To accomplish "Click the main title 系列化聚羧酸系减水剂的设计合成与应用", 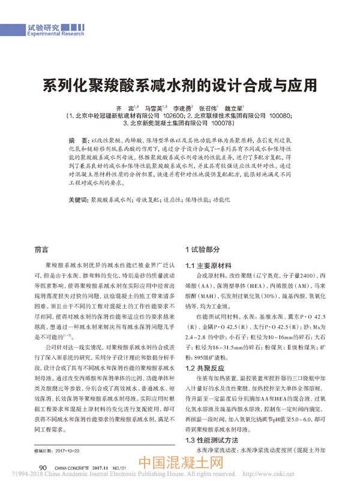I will click(x=180, y=84).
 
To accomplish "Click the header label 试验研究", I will click(x=43, y=28).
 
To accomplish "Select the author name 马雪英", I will click(x=164, y=109).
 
